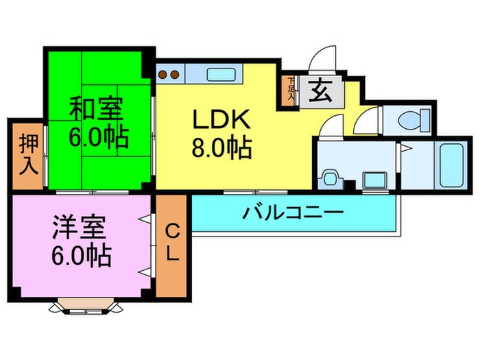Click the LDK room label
(221, 119)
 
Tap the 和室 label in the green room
(96, 108)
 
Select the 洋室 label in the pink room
(79, 227)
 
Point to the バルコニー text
(293, 213)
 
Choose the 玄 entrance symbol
(320, 91)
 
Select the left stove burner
(163, 74)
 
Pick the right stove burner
(175, 74)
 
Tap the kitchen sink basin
(221, 75)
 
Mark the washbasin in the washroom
(329, 179)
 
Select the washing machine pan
(375, 180)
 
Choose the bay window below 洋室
(86, 306)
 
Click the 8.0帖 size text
(221, 147)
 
